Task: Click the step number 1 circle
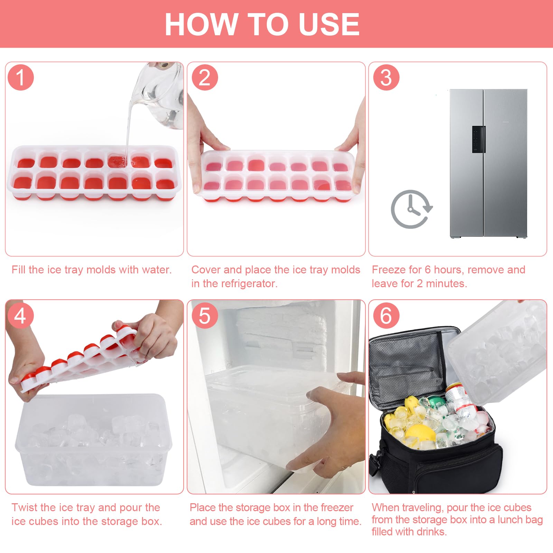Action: pyautogui.click(x=20, y=77)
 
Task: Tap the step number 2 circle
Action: pyautogui.click(x=205, y=77)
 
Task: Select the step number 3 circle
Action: pyautogui.click(x=386, y=77)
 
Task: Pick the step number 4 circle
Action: pyautogui.click(x=20, y=316)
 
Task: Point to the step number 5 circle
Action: pyautogui.click(x=205, y=316)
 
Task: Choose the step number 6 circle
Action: pyautogui.click(x=386, y=316)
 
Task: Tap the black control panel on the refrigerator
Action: pyautogui.click(x=479, y=139)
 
